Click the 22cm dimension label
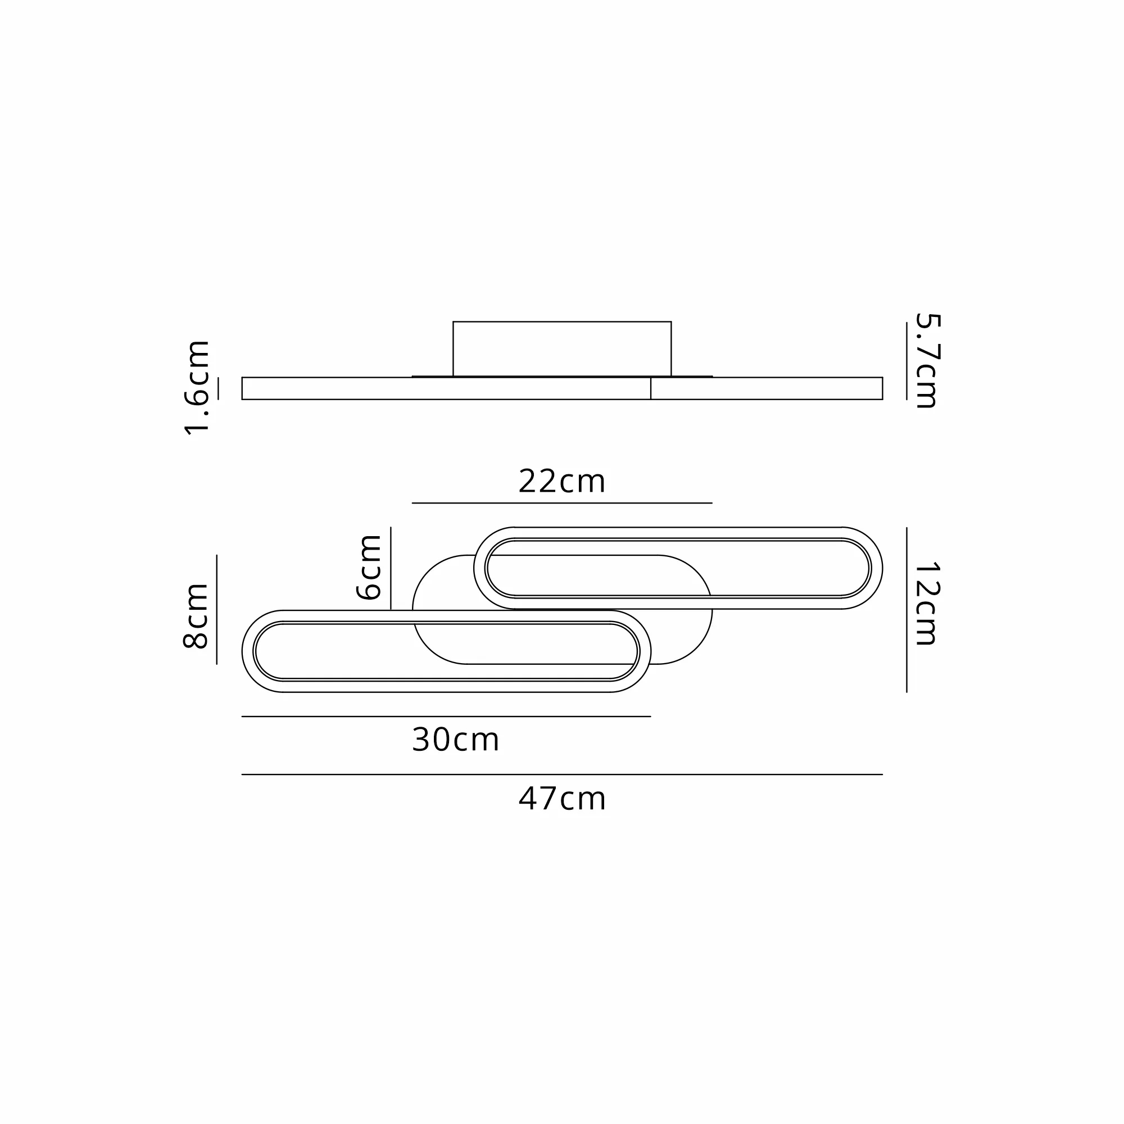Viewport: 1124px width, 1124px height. click(562, 482)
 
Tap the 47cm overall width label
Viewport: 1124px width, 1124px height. click(562, 799)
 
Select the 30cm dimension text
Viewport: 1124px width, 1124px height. click(456, 740)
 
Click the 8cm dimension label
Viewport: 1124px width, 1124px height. click(196, 616)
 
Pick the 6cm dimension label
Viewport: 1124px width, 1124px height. click(369, 567)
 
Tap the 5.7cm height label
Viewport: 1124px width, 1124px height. click(927, 361)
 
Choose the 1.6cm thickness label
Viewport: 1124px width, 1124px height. click(197, 388)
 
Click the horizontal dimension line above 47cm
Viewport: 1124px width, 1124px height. click(562, 774)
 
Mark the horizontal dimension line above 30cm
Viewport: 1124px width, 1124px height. click(446, 716)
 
